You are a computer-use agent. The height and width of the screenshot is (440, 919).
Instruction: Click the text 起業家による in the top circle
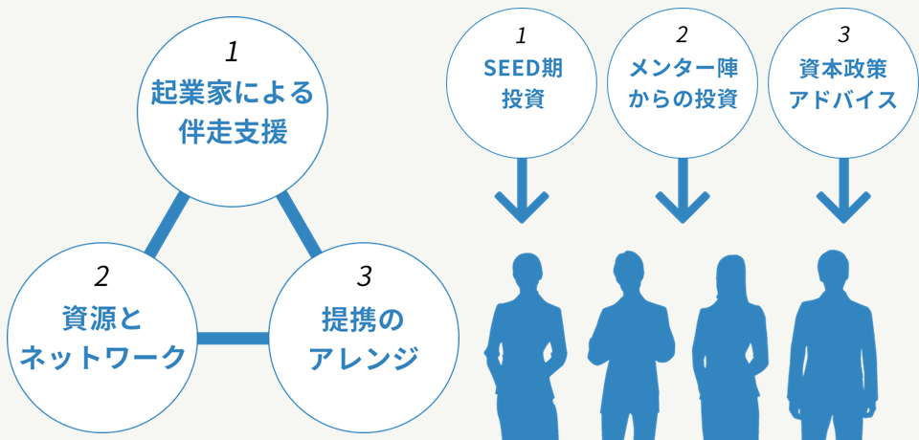233,94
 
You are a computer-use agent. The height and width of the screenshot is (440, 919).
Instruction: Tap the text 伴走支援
233,132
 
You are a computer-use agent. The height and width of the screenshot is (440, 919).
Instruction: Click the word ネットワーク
102,358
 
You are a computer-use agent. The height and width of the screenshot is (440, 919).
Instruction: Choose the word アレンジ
364,358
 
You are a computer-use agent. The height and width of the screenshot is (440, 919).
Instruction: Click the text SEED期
522,69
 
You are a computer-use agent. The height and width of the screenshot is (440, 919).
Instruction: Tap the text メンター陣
683,69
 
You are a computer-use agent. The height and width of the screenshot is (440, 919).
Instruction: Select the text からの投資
683,99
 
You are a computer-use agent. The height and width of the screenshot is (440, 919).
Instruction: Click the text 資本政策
843,69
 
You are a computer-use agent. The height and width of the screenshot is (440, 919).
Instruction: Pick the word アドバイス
843,99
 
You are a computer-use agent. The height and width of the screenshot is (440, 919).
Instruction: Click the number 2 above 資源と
102,277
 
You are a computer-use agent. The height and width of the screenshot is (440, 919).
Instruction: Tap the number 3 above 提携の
364,277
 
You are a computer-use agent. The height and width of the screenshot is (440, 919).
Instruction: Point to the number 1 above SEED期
522,36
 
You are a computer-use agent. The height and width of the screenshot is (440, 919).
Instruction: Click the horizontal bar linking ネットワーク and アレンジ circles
233,338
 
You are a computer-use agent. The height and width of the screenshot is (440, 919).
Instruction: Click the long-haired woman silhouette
729,344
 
